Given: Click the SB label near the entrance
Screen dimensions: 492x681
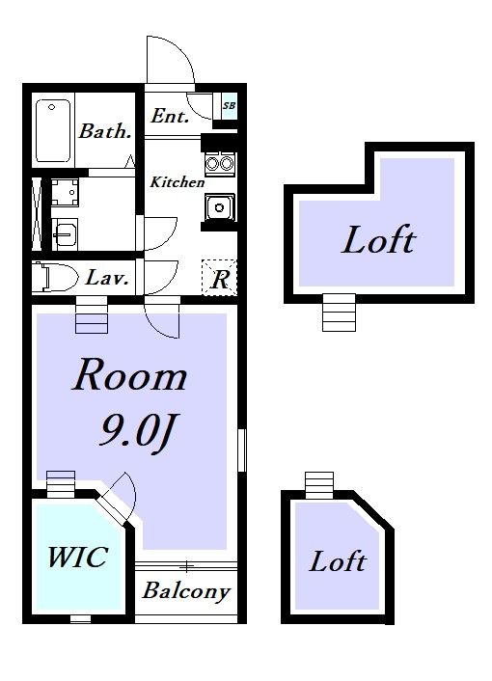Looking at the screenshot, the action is point(229,105).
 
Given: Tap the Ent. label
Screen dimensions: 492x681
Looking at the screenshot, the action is point(170,116).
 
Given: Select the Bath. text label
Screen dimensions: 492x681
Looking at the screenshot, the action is point(105,131).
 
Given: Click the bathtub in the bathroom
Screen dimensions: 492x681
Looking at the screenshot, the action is point(52,130).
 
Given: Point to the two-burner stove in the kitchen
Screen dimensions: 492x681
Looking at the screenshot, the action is point(219,164).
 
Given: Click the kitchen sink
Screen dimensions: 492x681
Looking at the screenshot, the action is point(220,207).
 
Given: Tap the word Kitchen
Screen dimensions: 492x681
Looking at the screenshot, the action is point(178,182).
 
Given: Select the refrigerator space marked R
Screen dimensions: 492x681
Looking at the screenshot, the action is point(220,278).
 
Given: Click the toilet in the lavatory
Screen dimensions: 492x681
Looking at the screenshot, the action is point(54,277).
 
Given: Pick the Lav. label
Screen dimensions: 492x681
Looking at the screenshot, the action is point(107,278).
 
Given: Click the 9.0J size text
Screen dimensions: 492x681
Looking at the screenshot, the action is point(139,432).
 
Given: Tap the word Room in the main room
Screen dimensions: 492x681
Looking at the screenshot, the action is point(129,375).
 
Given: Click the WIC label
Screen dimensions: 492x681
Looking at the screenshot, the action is point(78,557).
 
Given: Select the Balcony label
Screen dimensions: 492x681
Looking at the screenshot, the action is point(186,591).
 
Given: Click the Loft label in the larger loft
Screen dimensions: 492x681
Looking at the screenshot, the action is point(379,240).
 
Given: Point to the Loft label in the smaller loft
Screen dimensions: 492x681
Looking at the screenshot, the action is point(338,561).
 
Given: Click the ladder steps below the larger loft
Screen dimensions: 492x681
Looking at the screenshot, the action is point(339,313).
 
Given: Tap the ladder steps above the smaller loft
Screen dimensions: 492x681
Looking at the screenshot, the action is point(319,485).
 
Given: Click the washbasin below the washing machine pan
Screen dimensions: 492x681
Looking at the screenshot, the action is point(65,234).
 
